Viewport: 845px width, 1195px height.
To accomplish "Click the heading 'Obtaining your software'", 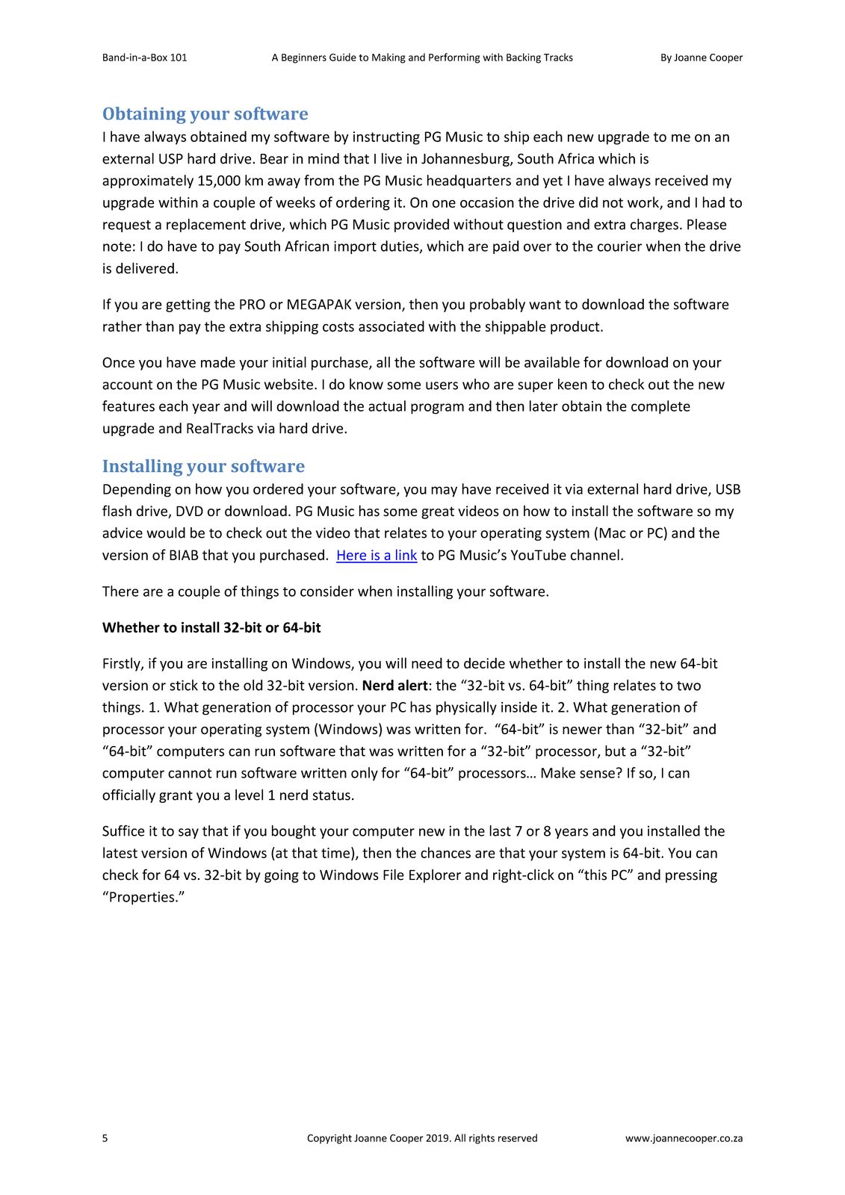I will (x=205, y=114).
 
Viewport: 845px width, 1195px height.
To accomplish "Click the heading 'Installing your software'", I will (x=203, y=467).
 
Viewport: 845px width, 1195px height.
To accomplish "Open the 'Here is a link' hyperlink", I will (x=377, y=556).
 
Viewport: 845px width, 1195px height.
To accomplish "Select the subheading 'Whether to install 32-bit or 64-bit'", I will (x=211, y=628).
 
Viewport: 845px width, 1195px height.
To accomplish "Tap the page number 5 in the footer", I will (x=105, y=1138).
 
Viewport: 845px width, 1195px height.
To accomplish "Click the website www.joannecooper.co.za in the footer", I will (x=684, y=1138).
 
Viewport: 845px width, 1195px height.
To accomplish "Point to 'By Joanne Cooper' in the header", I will (x=701, y=58).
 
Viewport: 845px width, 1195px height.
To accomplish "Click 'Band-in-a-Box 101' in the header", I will (x=145, y=58).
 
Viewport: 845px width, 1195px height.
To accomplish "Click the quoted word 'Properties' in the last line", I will (x=143, y=897).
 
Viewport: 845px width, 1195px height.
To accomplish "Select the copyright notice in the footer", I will (x=422, y=1138).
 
